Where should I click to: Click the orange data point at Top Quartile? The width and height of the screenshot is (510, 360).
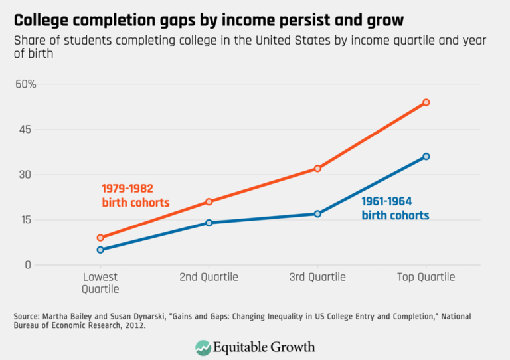pos(426,102)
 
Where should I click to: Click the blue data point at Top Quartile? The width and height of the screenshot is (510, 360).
pos(426,157)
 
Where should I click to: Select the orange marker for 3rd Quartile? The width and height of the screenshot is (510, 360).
pos(317,169)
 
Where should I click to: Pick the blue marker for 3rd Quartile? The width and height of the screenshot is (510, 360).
pos(317,214)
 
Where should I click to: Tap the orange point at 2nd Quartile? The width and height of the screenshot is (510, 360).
pos(209,201)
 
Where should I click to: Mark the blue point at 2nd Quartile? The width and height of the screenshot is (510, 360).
pos(209,223)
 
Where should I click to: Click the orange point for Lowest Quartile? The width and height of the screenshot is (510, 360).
pos(100,238)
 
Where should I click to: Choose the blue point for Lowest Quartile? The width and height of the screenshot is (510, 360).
pos(100,250)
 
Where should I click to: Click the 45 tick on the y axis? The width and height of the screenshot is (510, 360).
pos(26,130)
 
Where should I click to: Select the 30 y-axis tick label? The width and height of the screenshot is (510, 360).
pos(26,175)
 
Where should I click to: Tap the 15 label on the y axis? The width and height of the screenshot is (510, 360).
pos(26,220)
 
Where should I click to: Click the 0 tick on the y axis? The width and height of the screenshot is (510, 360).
pos(29,265)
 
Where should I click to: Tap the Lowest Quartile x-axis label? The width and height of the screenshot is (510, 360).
pos(100,283)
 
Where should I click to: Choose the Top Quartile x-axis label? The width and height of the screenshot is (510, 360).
pos(426,278)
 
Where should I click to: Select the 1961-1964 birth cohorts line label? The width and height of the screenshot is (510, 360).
pos(395,209)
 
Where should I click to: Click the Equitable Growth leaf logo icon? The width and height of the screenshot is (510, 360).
pos(203,347)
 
